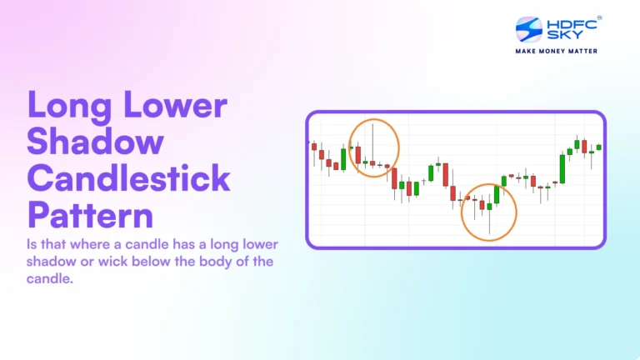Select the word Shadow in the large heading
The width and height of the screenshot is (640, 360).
[x=95, y=142]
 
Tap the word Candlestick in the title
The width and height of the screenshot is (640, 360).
[x=128, y=178]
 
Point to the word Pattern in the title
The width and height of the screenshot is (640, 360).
[x=91, y=215]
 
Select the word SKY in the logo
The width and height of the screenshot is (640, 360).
[x=560, y=37]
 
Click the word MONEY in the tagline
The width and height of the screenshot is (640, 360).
[x=554, y=51]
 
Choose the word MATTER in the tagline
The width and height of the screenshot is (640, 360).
[x=582, y=51]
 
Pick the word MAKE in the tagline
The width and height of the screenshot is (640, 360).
[x=528, y=51]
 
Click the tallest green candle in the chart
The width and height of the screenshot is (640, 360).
[x=562, y=169]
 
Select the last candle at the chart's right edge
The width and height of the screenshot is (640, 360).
[x=598, y=147]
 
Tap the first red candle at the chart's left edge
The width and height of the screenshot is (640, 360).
[x=314, y=147]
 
